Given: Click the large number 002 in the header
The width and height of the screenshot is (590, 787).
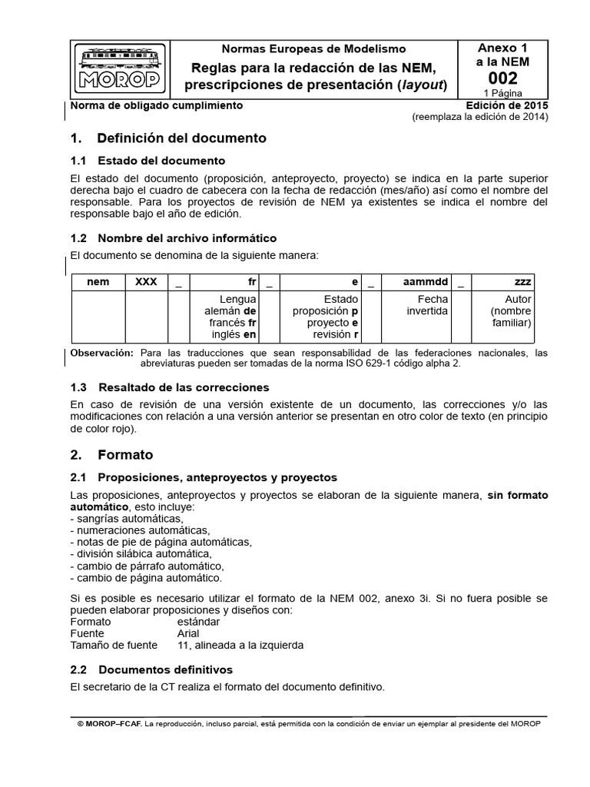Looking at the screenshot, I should click(x=502, y=78).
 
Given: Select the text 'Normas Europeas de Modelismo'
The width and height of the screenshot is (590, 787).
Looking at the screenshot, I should click(x=313, y=48).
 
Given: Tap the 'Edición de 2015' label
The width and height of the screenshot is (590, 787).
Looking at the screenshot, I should click(x=506, y=105).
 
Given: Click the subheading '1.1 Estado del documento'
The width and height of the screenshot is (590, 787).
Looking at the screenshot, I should click(x=147, y=161).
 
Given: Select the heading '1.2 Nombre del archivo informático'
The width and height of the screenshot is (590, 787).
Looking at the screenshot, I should click(x=173, y=238).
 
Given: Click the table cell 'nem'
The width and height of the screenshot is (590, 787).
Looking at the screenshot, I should click(x=98, y=282).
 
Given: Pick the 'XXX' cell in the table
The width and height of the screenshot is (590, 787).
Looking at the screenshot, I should click(x=146, y=282).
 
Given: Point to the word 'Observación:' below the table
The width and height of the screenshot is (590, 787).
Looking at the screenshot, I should click(x=101, y=353).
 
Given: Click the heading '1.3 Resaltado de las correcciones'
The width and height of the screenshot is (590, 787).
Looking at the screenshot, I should click(x=169, y=387).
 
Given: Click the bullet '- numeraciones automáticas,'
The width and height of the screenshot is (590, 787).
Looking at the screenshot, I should click(x=139, y=530).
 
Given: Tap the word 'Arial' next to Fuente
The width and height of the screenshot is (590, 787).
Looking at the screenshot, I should click(x=187, y=633).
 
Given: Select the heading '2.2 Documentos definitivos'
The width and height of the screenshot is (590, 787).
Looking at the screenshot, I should click(x=151, y=669).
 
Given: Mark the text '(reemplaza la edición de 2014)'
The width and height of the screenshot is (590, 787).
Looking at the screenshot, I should click(x=479, y=117).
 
